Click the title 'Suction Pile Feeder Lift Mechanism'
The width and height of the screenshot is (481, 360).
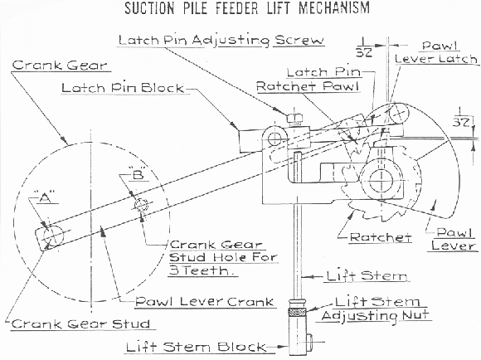[x=247, y=8]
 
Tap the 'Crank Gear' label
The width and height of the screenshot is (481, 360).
[x=60, y=65]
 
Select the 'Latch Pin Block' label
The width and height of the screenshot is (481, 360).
[x=123, y=88]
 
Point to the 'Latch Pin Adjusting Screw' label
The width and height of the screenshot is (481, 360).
[x=221, y=41]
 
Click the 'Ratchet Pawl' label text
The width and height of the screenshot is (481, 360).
[x=308, y=86]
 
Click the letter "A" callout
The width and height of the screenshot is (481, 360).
[x=45, y=198]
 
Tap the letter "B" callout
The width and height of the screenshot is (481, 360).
[x=138, y=174]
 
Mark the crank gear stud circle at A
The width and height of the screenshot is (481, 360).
[x=53, y=236]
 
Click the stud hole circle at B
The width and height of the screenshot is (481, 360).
[x=142, y=205]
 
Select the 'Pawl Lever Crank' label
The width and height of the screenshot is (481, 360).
[x=204, y=301]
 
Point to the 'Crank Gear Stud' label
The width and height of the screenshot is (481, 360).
[x=80, y=324]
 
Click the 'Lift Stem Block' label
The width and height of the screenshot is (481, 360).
[x=196, y=347]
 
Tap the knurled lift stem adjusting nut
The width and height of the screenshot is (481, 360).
[x=297, y=312]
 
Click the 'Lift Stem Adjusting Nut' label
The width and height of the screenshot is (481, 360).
[x=377, y=309]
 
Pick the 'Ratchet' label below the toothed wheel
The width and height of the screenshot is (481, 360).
[x=381, y=237]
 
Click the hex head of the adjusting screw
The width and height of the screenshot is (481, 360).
[x=294, y=118]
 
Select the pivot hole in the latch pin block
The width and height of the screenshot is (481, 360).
[x=275, y=139]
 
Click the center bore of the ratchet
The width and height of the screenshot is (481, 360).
[x=381, y=181]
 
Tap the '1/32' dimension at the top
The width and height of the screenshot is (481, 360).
[x=364, y=47]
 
